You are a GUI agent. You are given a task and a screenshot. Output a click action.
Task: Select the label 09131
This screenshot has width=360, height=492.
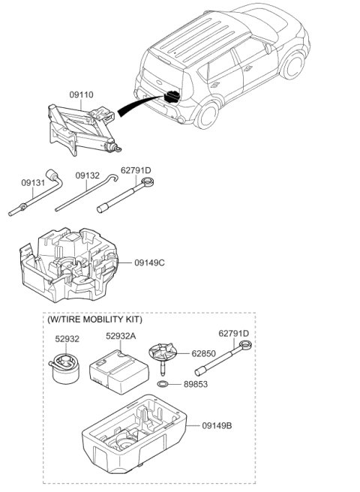point(32,181)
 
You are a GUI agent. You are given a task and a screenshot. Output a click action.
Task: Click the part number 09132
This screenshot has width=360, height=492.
point(87,175)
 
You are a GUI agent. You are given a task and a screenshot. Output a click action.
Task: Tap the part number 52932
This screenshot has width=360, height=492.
point(67,339)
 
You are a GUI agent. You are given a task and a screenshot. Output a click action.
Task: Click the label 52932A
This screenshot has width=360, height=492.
point(121,337)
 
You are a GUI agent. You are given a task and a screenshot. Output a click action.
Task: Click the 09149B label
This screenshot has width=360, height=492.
point(217,425)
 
